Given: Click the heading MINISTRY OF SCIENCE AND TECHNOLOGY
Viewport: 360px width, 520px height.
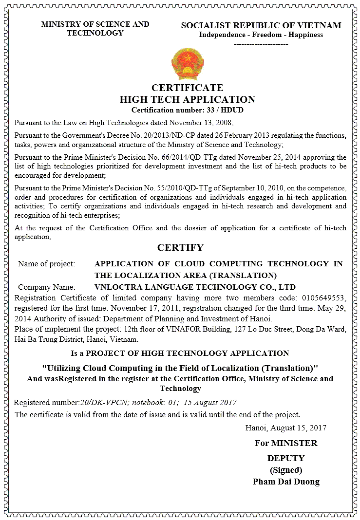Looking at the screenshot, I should [x=95, y=29].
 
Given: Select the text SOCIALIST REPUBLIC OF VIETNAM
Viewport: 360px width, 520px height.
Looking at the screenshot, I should [x=261, y=25].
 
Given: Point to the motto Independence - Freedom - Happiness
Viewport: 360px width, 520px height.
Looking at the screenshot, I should [x=261, y=35].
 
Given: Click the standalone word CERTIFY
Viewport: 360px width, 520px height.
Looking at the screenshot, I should [x=180, y=247].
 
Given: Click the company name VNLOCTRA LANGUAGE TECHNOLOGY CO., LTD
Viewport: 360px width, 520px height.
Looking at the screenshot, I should [x=195, y=287].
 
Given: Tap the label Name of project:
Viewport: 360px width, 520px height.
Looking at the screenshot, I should [x=47, y=264].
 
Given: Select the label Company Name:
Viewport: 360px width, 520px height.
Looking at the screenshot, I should [x=47, y=287].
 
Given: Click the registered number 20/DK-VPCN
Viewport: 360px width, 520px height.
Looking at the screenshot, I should [x=104, y=402].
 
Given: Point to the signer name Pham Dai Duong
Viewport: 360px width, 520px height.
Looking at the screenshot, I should [x=286, y=482].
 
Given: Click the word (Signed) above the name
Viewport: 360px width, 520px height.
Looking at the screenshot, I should [x=286, y=470].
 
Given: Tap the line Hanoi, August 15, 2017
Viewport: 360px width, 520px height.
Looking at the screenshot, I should [x=285, y=428].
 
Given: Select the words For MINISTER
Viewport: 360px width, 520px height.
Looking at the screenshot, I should [x=286, y=443].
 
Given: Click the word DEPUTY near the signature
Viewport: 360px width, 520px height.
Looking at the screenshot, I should [x=286, y=458].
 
